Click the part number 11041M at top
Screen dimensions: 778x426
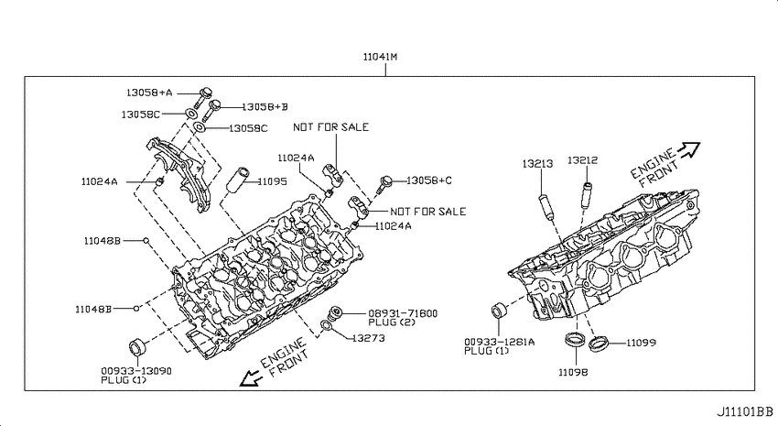pyautogui.click(x=380, y=57)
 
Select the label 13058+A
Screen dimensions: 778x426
pyautogui.click(x=149, y=93)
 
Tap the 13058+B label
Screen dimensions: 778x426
pyautogui.click(x=265, y=107)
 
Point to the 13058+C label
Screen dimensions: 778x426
pyautogui.click(x=429, y=180)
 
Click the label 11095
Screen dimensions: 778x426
pyautogui.click(x=272, y=181)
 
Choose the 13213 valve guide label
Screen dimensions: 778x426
pyautogui.click(x=537, y=163)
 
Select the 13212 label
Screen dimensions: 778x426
pyautogui.click(x=582, y=160)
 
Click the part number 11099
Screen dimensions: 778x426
pyautogui.click(x=641, y=343)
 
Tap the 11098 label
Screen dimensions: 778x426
pyautogui.click(x=573, y=372)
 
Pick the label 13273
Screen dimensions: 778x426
pyautogui.click(x=368, y=338)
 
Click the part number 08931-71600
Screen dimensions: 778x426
pyautogui.click(x=403, y=313)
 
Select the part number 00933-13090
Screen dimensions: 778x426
pyautogui.click(x=136, y=371)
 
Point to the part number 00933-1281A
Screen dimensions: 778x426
pyautogui.click(x=500, y=342)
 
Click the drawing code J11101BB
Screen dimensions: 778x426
pyautogui.click(x=745, y=411)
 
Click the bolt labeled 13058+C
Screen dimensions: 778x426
pyautogui.click(x=384, y=184)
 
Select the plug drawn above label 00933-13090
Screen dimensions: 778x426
pyautogui.click(x=138, y=346)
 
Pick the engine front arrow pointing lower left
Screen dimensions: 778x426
pyautogui.click(x=252, y=378)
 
